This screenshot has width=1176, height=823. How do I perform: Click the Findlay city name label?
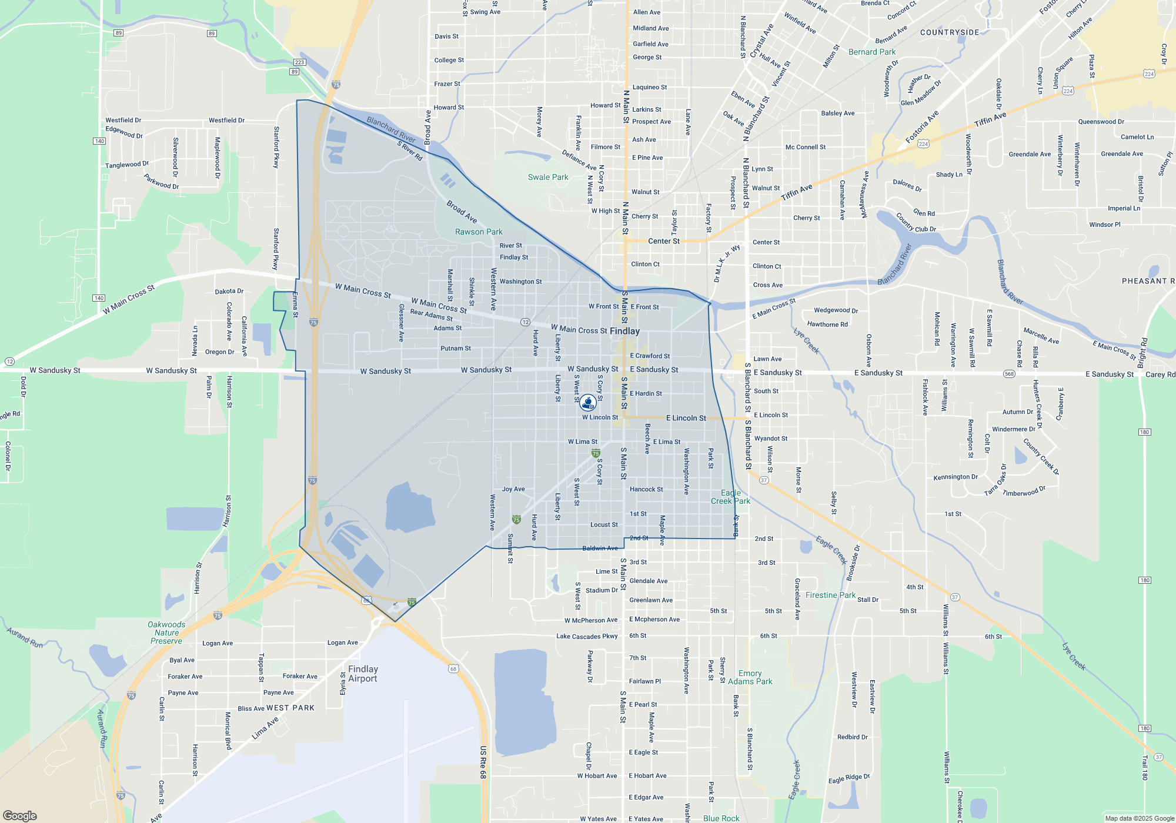tap(624, 331)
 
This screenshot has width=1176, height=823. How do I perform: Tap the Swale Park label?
tap(548, 177)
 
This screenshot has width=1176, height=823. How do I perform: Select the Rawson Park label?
tap(479, 232)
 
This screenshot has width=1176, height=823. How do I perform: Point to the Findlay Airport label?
tap(363, 674)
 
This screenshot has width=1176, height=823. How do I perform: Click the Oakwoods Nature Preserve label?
tap(166, 633)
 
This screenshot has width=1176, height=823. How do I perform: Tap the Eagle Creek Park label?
tap(730, 497)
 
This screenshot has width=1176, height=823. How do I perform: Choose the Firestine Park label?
tap(830, 595)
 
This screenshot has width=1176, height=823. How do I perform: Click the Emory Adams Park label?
tap(750, 677)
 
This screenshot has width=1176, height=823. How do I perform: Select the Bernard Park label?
tap(872, 52)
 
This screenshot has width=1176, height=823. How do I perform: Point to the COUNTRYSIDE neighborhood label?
tap(950, 32)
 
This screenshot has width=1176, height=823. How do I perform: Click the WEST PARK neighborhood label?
tap(290, 708)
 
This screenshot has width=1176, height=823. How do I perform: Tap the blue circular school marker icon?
tap(587, 402)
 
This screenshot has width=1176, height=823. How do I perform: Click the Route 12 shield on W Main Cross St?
tap(525, 322)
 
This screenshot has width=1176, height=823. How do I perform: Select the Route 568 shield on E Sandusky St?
tap(1009, 374)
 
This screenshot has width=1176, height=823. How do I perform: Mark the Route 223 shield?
tap(299, 62)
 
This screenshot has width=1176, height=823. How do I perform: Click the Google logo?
tap(20, 815)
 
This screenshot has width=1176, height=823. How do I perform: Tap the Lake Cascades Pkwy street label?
tap(587, 636)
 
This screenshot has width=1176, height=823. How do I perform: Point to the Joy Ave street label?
tap(513, 489)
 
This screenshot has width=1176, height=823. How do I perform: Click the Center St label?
tap(664, 241)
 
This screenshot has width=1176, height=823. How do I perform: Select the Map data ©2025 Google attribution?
tap(1139, 818)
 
